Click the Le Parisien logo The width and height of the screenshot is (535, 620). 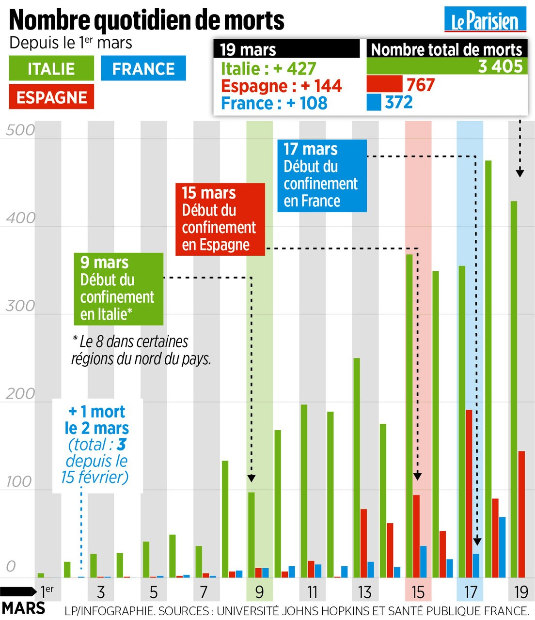pos(485,20)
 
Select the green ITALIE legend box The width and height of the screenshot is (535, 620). pos(51,68)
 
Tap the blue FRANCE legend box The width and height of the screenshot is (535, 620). pos(143,68)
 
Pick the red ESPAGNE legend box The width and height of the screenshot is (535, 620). pos(51,97)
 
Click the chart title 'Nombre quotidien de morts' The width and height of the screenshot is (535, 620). pos(146,20)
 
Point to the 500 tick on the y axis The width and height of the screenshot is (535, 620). pos(19,130)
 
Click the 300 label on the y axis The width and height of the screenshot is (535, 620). pos(19,306)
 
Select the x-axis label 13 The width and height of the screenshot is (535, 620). pos(364,592)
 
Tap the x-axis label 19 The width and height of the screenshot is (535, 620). pos(521,592)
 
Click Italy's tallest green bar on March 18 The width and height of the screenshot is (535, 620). pos(488,368)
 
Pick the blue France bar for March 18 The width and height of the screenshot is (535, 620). pos(503,547)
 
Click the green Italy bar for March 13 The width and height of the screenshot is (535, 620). pos(357,467)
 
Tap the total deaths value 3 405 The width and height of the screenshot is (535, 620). pos(500,66)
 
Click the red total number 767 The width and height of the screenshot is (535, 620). pos(421,85)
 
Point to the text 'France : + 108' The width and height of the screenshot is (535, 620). pos(274,103)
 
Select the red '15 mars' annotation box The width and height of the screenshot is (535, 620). pos(220,219)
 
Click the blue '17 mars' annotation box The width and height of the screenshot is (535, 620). pos(322,175)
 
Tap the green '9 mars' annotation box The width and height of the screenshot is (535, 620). pos(119,289)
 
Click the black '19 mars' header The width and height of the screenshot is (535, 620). pos(286,49)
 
